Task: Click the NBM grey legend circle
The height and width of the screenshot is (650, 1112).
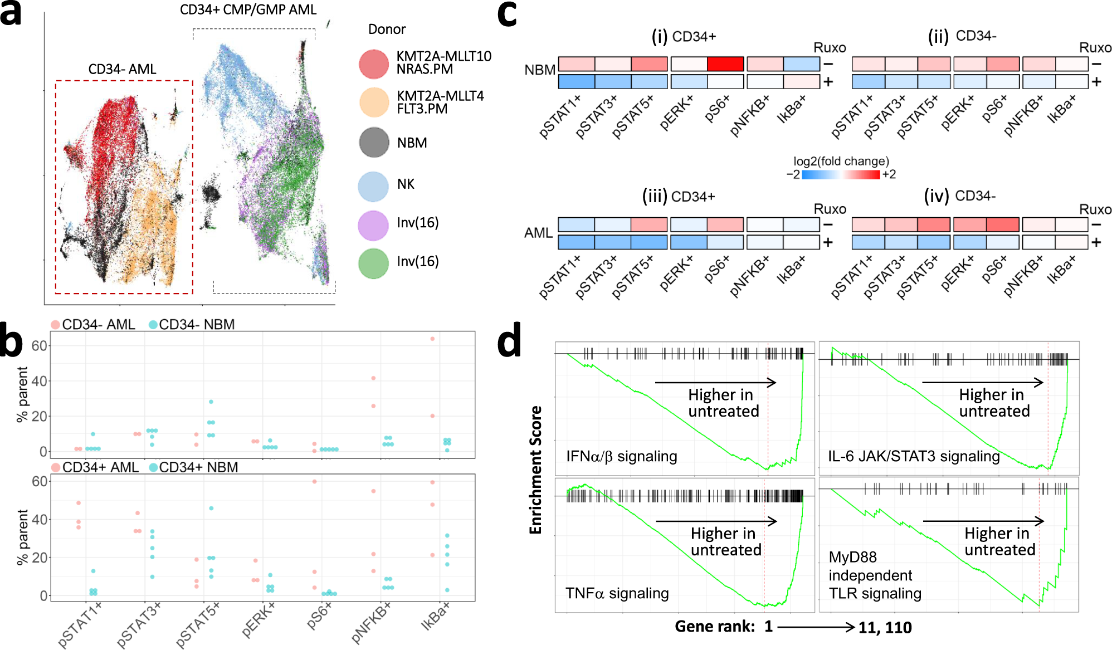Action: click(374, 143)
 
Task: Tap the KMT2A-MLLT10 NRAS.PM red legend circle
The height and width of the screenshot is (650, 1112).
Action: click(374, 63)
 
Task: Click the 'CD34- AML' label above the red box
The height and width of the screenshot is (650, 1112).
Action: click(122, 69)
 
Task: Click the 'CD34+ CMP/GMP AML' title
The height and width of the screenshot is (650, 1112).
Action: click(248, 9)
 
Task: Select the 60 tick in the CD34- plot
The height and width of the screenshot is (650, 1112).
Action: click(39, 346)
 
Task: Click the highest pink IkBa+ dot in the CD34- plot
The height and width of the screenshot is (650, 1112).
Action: click(432, 339)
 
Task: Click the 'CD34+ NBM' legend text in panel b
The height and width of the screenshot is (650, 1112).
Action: click(198, 467)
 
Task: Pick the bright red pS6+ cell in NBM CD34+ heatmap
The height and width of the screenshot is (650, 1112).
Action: click(725, 64)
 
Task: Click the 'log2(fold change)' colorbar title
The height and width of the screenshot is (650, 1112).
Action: click(841, 162)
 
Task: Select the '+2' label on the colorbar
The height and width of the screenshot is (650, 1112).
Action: click(889, 174)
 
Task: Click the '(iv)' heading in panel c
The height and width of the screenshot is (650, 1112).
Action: click(936, 196)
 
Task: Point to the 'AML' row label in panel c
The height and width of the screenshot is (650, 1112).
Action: click(538, 233)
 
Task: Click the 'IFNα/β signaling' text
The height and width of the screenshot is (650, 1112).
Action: click(621, 456)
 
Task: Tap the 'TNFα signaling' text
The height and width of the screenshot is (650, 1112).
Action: click(617, 593)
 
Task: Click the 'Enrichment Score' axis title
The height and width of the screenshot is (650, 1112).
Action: click(535, 470)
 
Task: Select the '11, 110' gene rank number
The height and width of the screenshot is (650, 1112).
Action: click(885, 628)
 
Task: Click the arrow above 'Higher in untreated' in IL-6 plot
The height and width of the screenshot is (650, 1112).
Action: click(982, 382)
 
